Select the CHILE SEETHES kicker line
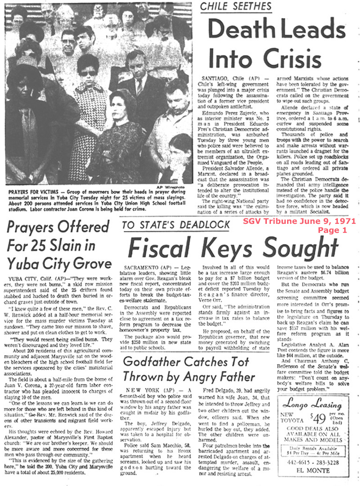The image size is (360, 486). pyautogui.click(x=236, y=6)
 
